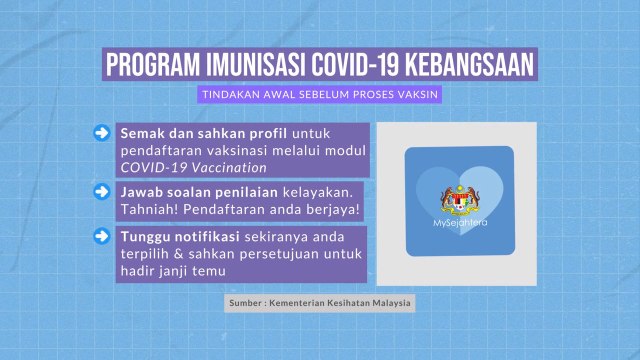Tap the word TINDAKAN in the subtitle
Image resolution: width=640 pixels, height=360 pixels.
point(227,94)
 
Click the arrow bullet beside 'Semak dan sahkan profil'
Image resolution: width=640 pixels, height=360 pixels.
point(100,134)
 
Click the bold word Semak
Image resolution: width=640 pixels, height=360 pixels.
point(140,133)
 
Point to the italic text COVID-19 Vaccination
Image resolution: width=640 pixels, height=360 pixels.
point(193,167)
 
